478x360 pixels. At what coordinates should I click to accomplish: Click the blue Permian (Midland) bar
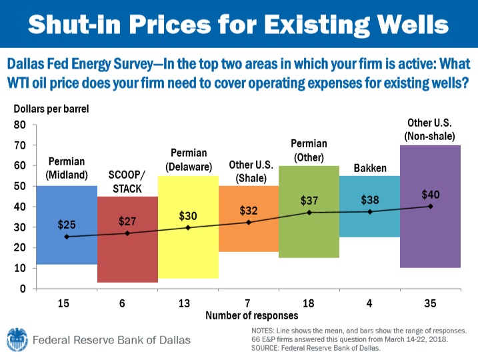pos(67,250)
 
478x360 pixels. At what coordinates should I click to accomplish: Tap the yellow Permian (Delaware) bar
pos(188,253)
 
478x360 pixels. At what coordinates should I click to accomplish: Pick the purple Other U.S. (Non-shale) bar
pos(430,240)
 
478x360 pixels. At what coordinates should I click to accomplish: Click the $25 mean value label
pos(66,224)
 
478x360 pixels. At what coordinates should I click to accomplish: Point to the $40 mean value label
pos(431,195)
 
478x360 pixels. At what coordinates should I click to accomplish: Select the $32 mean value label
pos(249,211)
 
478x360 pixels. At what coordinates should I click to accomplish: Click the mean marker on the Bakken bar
pos(370,211)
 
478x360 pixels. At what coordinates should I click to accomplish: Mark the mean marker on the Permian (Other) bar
pos(309,212)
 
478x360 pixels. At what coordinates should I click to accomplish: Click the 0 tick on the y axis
pos(21,289)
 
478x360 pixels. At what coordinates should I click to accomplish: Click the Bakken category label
pos(370,169)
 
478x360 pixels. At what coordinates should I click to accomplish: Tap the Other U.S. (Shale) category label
pos(249,171)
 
